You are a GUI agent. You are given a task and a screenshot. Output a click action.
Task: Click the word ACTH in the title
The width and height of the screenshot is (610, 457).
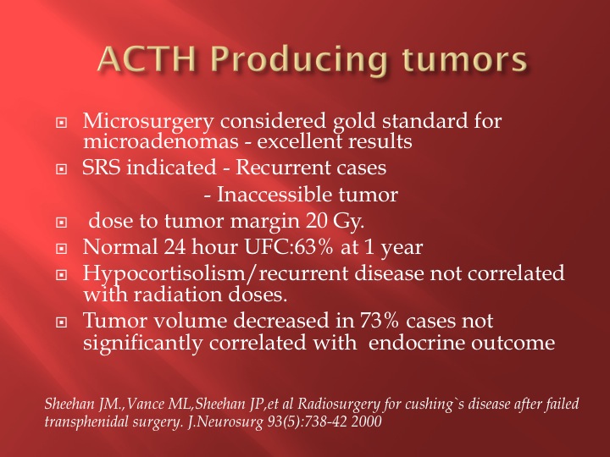147,59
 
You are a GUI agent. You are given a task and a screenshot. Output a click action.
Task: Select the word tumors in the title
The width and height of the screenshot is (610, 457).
464,60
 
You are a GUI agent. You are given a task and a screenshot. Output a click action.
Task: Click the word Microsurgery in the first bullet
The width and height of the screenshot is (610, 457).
147,122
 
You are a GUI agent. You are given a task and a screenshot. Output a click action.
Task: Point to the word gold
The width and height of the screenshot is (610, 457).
354,122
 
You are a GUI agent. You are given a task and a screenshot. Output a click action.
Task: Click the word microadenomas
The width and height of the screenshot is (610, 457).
161,141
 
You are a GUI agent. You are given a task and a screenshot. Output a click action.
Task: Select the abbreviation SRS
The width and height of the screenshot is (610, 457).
101,168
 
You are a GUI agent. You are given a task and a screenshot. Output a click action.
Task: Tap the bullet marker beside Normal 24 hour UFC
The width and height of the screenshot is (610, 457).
61,248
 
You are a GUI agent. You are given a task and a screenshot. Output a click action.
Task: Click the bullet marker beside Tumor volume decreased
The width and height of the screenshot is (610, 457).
61,322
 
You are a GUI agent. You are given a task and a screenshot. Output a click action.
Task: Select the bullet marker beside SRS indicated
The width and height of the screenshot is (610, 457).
61,168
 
